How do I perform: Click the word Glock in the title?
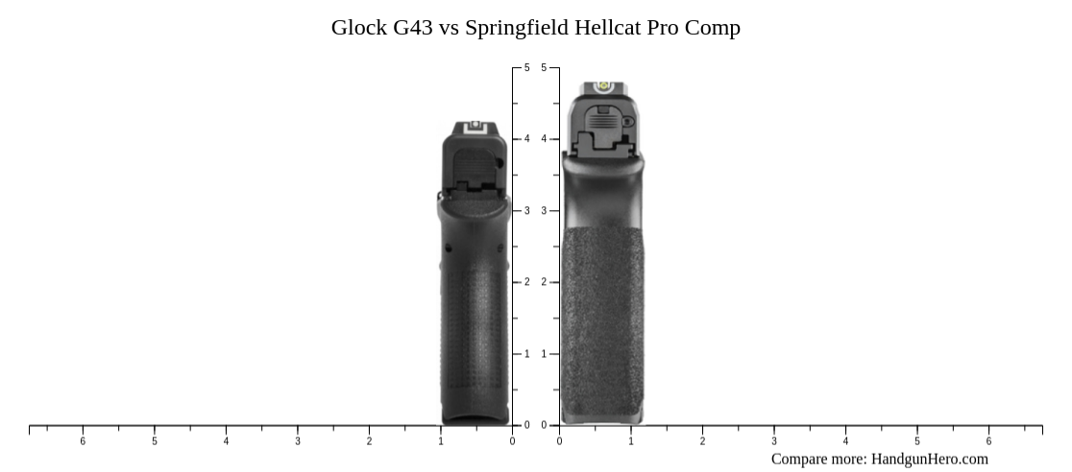click(x=358, y=28)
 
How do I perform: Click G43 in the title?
click(x=413, y=28)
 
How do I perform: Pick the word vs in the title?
click(x=450, y=28)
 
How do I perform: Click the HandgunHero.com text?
click(x=929, y=459)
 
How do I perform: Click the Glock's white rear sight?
click(x=474, y=125)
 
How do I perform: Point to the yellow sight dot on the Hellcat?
click(x=605, y=85)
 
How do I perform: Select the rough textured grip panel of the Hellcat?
click(x=602, y=317)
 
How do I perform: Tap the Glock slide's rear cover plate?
click(x=475, y=168)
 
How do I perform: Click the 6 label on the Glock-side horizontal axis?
click(x=83, y=441)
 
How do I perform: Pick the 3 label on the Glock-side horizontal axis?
click(x=298, y=441)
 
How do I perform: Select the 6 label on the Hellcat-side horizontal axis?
click(x=988, y=441)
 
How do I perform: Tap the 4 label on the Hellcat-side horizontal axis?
click(x=845, y=441)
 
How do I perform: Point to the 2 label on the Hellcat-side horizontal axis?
click(x=702, y=441)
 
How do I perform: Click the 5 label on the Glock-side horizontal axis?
click(x=155, y=441)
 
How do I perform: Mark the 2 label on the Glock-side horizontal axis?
click(x=369, y=441)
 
